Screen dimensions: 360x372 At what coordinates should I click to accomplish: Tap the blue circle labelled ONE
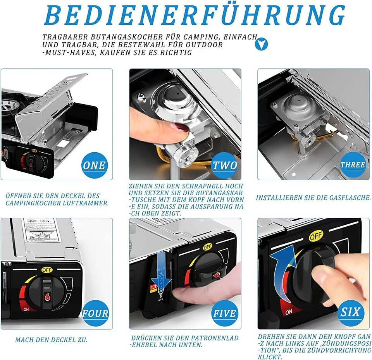coord(94,165)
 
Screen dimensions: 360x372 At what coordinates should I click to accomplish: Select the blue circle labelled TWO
coord(224,165)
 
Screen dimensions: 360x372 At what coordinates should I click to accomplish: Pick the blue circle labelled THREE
coord(353,165)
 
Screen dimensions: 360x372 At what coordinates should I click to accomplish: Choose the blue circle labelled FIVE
coord(224,313)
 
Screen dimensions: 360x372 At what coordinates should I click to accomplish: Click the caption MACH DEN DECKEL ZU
coord(51,340)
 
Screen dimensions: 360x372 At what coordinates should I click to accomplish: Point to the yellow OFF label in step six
coord(316,236)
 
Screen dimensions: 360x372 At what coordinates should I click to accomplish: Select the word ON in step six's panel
coord(289,312)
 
